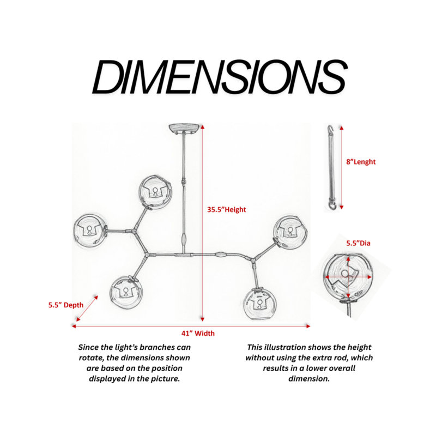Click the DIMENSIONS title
220,77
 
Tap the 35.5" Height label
227,210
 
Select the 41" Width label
198,333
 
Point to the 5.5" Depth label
66,305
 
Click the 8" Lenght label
361,162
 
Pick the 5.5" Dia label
358,243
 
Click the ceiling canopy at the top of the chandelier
184,128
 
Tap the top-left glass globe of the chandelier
155,191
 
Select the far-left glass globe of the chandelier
89,231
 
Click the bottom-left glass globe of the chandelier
126,292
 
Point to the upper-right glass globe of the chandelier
290,232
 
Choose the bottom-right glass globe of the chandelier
259,304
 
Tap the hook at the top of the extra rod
330,129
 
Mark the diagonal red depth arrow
87,308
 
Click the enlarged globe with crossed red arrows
348,278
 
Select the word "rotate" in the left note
92,358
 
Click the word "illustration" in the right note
286,347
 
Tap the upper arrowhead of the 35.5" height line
203,127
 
